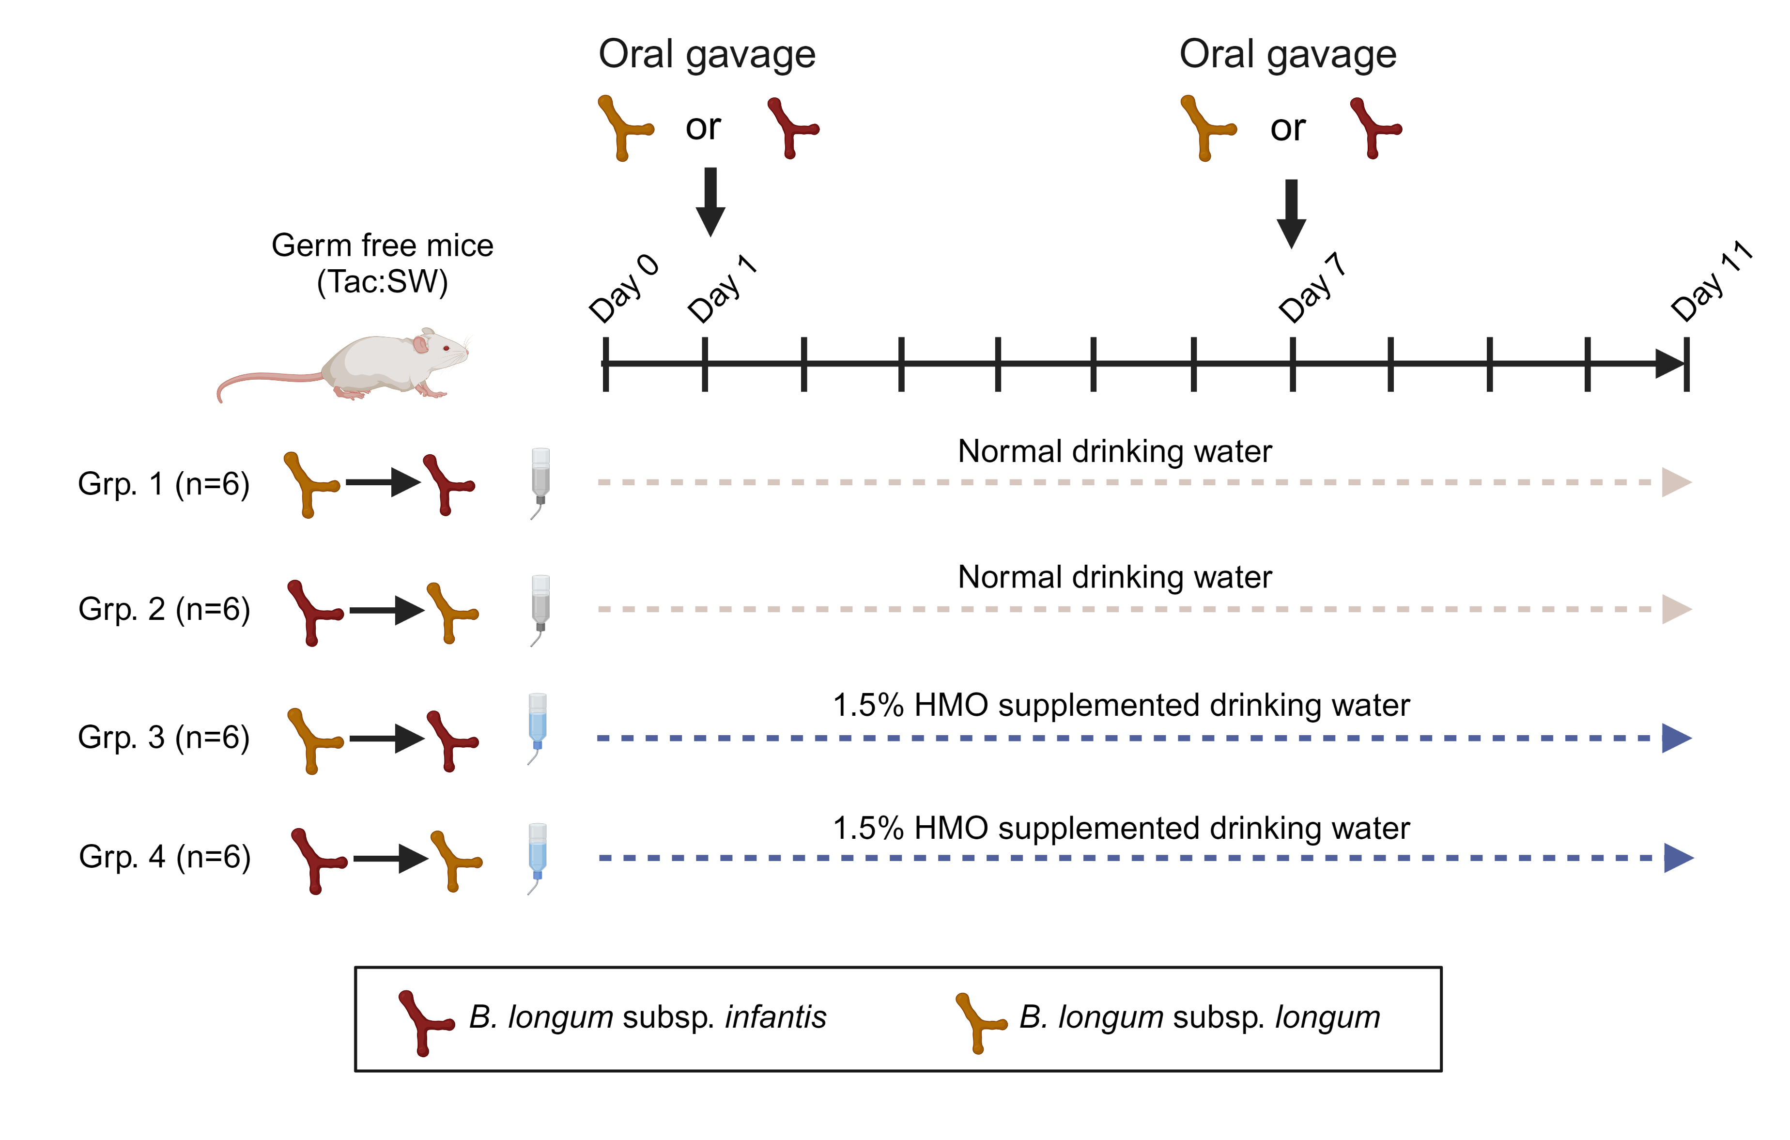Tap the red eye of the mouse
tap(446, 349)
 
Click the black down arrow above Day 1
tap(710, 202)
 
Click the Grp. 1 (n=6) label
tap(164, 484)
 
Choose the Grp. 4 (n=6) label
tap(165, 857)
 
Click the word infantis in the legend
tap(775, 1017)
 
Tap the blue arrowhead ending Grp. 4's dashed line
tap(1679, 858)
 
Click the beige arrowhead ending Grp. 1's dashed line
tap(1677, 482)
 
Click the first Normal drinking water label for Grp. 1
tap(1114, 451)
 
